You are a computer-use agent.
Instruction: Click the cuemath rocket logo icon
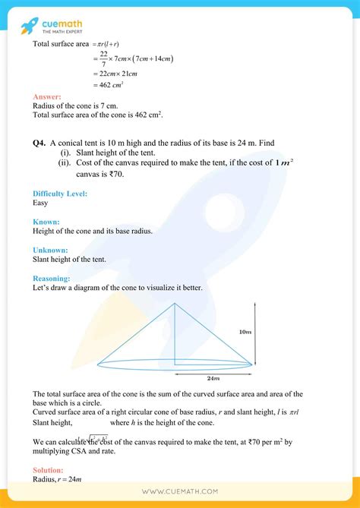tap(30, 25)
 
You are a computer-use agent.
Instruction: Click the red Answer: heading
tap(47, 97)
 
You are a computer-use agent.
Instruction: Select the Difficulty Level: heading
tap(60, 194)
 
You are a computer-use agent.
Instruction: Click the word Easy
tap(41, 204)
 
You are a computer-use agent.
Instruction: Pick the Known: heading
tap(46, 222)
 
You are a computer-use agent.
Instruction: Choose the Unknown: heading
tap(51, 250)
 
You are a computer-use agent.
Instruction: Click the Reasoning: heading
tap(53, 278)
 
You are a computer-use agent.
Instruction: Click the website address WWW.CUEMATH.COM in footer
tap(179, 492)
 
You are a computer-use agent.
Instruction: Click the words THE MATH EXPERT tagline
tap(65, 32)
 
